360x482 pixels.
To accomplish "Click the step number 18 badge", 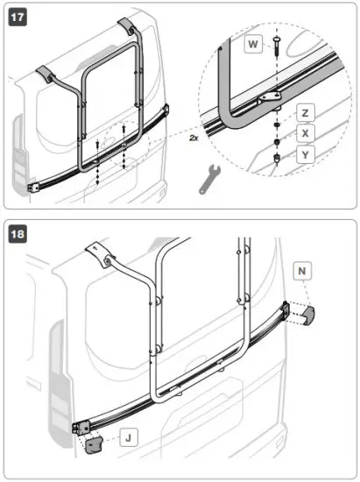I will (17, 234).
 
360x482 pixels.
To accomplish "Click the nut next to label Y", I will (277, 159).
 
